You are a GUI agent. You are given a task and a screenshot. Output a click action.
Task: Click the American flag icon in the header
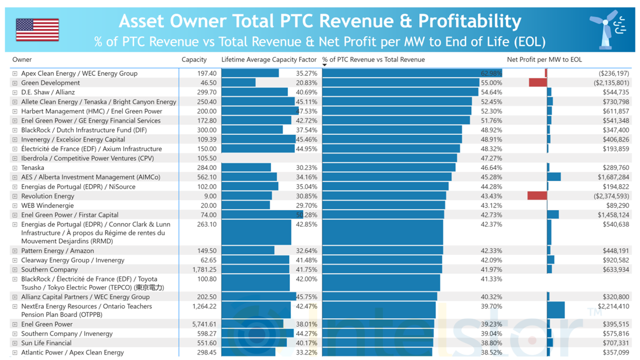point(37,29)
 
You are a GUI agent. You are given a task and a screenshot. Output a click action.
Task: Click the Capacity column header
point(194,59)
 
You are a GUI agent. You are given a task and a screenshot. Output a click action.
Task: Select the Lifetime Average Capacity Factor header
point(269,59)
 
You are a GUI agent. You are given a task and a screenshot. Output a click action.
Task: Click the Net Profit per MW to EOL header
point(544,59)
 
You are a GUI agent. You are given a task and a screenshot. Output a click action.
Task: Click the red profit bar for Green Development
point(538,82)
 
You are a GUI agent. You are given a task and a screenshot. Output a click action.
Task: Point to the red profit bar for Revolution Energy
point(537,196)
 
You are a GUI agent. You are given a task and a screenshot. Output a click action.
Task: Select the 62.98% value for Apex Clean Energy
point(491,73)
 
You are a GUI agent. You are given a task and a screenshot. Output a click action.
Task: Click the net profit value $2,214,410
point(613,306)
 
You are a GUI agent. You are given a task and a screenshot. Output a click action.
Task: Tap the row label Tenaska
point(32,167)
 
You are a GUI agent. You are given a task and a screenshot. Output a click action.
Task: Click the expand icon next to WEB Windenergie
point(15,205)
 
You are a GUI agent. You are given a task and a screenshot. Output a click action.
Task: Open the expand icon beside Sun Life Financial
point(15,343)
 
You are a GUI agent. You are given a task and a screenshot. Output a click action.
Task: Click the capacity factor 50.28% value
point(306,215)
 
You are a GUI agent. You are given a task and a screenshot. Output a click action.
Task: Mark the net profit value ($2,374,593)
point(611,196)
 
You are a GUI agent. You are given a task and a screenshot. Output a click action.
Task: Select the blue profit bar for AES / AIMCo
point(554,177)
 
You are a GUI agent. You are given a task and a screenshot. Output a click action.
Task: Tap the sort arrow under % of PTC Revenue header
point(324,65)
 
